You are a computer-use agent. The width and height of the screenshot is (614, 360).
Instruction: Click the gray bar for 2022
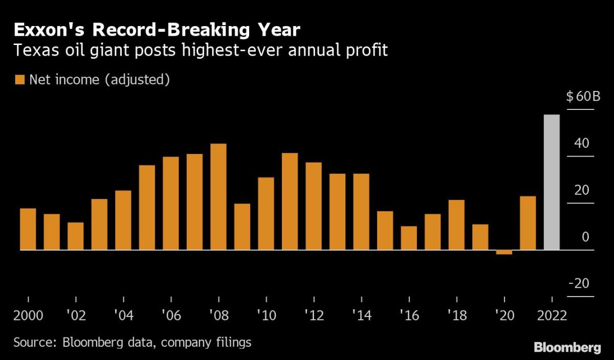[552, 182]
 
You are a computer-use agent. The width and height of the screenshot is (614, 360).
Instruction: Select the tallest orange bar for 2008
[218, 197]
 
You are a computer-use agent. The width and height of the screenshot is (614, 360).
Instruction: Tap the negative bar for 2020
[504, 252]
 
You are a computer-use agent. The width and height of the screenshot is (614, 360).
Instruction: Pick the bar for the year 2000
[28, 229]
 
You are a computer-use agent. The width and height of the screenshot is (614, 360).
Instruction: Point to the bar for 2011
[290, 201]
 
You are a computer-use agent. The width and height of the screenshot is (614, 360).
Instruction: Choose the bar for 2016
[409, 238]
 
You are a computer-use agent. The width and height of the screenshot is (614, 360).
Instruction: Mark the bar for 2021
[528, 223]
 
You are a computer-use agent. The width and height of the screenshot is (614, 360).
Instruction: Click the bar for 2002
[76, 236]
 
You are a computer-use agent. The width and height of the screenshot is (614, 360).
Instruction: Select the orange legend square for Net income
[20, 80]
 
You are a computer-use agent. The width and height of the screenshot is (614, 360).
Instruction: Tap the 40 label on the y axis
[582, 143]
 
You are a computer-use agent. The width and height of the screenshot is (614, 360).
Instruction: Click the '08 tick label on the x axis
[218, 314]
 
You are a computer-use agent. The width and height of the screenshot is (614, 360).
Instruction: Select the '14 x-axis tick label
[361, 314]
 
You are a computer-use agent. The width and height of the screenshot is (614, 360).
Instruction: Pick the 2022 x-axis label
[552, 314]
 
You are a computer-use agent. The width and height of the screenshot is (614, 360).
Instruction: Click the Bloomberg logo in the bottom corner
[567, 348]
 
